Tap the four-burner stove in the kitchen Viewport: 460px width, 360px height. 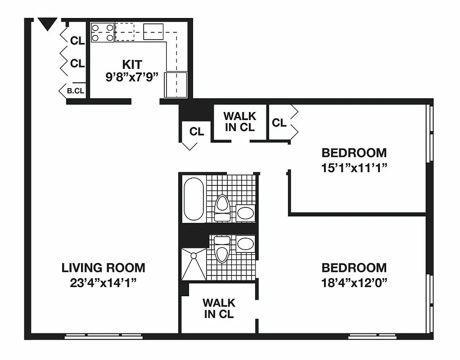103,32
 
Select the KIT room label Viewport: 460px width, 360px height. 132,64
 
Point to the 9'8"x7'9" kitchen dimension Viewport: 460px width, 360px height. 132,76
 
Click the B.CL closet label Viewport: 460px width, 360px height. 76,90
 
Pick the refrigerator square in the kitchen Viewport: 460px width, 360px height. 176,84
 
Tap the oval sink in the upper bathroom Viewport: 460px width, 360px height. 246,213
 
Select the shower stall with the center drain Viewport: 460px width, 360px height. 194,263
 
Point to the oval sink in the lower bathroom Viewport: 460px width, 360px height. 246,244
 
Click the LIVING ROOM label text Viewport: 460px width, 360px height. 103,268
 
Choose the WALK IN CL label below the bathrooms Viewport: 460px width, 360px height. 219,308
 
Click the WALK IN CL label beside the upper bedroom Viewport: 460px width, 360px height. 240,121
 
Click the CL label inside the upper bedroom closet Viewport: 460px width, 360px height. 279,122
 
